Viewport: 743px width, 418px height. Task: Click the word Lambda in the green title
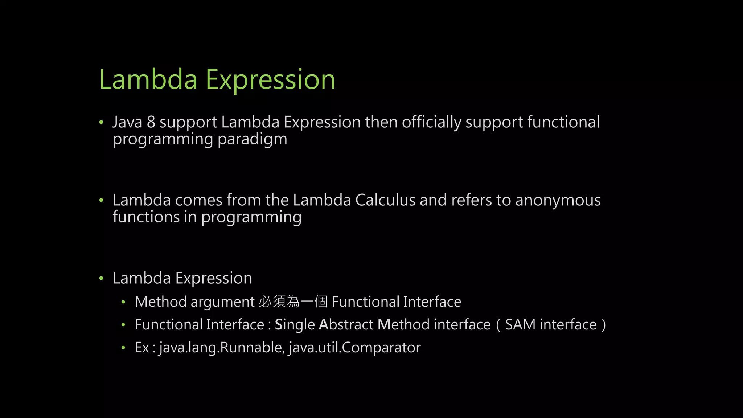click(x=148, y=79)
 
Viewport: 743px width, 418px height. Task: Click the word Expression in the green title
click(x=270, y=80)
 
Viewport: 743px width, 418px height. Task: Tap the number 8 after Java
click(x=151, y=122)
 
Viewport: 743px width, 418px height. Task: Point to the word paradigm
click(x=252, y=139)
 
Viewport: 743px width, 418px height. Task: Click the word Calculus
click(x=385, y=200)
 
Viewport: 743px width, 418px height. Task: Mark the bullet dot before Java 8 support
click(x=102, y=122)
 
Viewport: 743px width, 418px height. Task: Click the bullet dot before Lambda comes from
click(x=102, y=200)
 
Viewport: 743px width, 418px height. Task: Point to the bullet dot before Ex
click(x=123, y=348)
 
